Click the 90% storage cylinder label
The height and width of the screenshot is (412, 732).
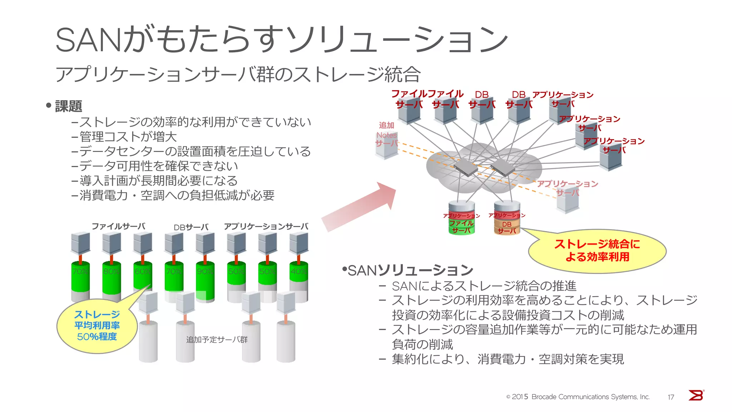point(205,271)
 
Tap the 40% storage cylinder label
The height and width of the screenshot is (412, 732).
point(298,271)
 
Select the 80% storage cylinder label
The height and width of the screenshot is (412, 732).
point(111,271)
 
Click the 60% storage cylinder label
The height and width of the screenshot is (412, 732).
point(142,271)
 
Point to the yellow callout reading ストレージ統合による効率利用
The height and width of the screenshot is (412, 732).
point(597,251)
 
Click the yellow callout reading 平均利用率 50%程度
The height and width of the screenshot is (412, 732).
point(97,326)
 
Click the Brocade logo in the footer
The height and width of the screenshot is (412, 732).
point(696,395)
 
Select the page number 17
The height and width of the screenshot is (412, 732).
point(671,397)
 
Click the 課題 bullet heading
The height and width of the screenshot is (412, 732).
point(68,106)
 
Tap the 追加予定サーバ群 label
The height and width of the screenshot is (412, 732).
point(217,339)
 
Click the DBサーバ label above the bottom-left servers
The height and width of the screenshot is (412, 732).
point(191,227)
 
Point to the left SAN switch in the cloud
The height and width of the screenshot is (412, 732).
point(465,167)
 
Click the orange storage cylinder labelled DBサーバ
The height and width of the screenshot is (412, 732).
point(507,222)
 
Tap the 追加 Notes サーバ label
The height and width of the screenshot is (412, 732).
point(386,134)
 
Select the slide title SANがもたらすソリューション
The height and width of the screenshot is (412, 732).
point(281,39)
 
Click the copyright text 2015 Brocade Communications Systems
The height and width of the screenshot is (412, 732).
point(578,397)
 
